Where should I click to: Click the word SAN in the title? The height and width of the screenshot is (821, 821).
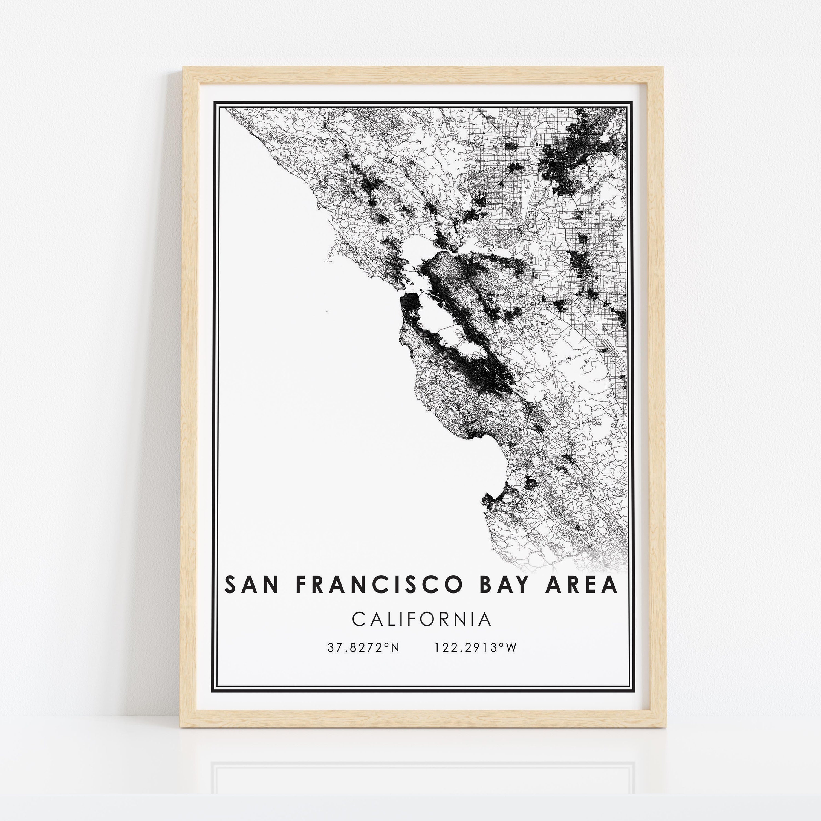[251, 585]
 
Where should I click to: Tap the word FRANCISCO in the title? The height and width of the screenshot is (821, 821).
[378, 585]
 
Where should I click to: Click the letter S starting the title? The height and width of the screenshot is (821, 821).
[230, 585]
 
